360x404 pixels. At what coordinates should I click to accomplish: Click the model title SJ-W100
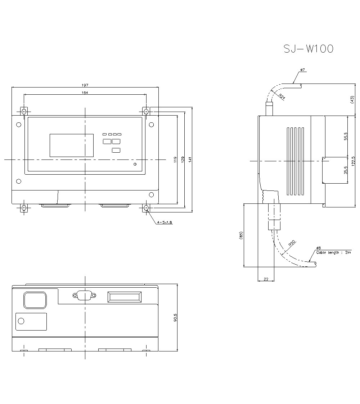(309, 49)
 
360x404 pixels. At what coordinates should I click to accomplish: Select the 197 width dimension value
(85, 85)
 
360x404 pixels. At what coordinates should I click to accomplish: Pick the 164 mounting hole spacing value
(85, 93)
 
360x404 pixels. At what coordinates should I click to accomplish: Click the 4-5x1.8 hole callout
(165, 223)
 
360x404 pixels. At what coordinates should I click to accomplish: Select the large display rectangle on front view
(71, 145)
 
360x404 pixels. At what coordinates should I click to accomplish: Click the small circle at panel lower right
(135, 165)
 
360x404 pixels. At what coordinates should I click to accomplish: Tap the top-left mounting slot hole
(24, 112)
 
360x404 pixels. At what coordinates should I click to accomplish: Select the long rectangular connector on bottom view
(124, 297)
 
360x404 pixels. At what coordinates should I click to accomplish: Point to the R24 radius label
(282, 97)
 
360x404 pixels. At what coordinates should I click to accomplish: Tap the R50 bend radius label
(292, 243)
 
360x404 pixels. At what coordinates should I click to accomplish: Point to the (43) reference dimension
(352, 100)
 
